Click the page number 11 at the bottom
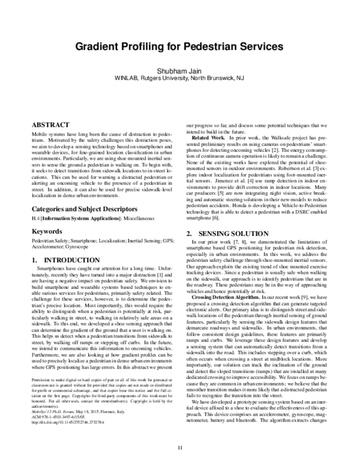click(179, 446)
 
